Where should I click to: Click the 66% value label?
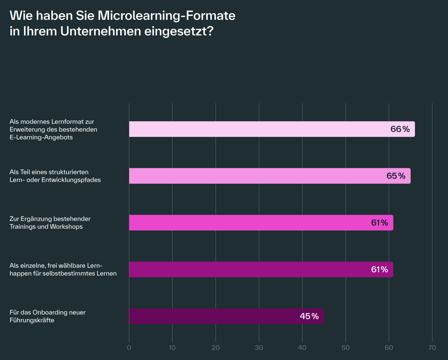[x=400, y=129]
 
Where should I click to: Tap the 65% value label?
[x=396, y=176]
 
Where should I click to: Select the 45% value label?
[x=309, y=316]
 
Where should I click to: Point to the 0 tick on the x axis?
[x=129, y=348]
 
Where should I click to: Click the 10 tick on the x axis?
[x=172, y=348]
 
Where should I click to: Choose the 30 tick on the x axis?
[x=259, y=348]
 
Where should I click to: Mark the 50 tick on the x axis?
[x=345, y=348]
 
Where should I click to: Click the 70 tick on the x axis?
[x=432, y=348]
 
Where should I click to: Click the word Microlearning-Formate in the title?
[x=166, y=16]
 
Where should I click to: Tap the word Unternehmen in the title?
[x=101, y=31]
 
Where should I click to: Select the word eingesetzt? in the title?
[x=179, y=31]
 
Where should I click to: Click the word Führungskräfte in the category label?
[x=32, y=320]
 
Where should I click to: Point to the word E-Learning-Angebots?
[x=41, y=137]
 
